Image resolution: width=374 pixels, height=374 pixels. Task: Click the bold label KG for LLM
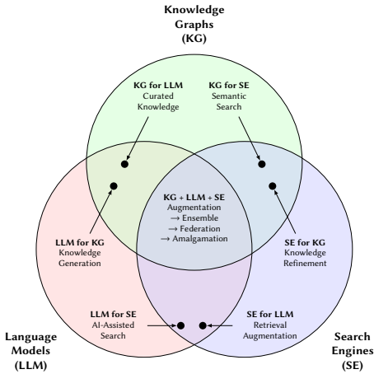point(158,85)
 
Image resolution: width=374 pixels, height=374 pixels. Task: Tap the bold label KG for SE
point(229,85)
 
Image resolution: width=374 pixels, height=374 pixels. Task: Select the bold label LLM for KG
point(80,242)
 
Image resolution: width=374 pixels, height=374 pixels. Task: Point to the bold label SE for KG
point(305,242)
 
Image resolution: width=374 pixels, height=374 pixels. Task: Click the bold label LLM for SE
point(113,314)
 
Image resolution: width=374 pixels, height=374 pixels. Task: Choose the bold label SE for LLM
point(270,314)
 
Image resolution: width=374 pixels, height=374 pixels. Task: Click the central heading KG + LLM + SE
point(194,197)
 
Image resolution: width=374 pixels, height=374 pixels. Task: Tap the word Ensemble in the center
point(200,218)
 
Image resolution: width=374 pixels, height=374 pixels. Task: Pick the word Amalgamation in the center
point(200,239)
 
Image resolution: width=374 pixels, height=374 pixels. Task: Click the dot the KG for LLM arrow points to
point(124,164)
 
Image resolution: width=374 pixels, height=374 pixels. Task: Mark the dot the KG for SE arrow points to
point(262,164)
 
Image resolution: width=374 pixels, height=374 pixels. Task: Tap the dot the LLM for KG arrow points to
point(114,186)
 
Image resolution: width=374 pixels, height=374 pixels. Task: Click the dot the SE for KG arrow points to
point(273,186)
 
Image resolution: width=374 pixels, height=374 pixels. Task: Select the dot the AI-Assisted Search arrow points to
point(180,325)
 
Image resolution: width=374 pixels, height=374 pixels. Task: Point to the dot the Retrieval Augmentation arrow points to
point(203,325)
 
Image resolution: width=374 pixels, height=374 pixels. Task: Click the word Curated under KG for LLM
point(158,96)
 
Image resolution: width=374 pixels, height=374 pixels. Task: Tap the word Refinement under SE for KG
point(305,264)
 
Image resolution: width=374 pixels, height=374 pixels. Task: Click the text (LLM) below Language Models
point(31,366)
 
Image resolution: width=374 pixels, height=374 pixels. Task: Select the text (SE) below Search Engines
point(353,366)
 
